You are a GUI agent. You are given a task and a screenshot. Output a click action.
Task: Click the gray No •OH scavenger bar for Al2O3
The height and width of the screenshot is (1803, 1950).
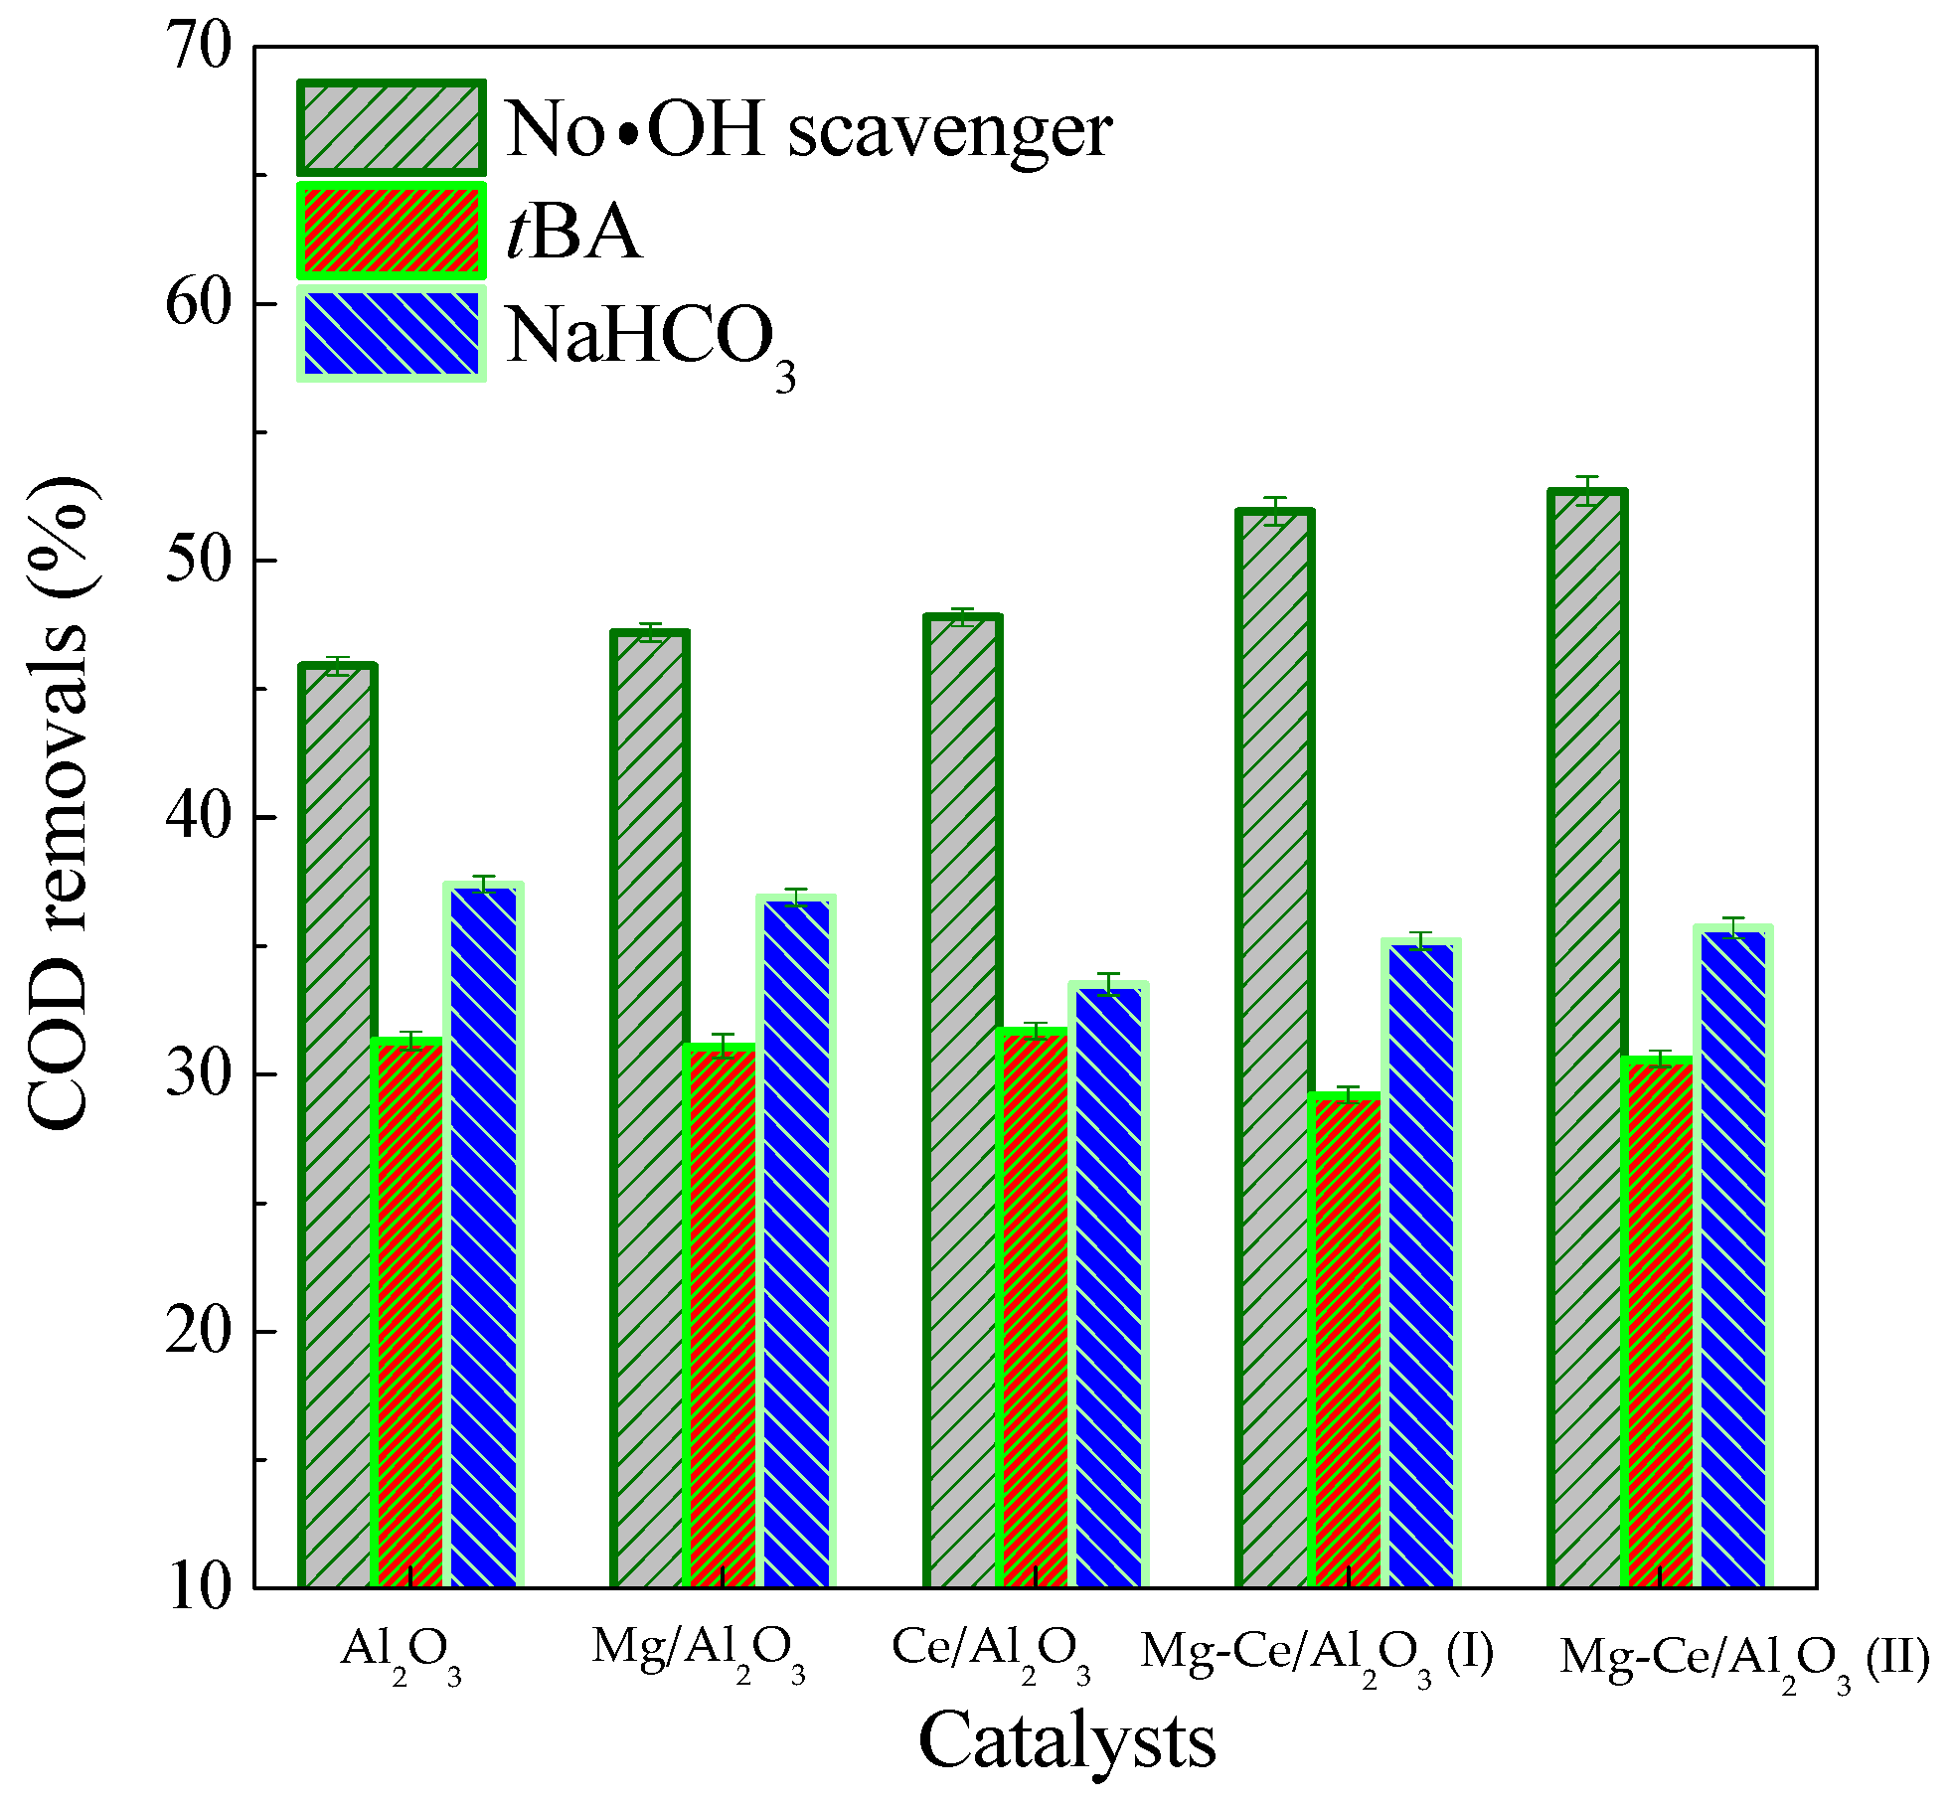click(x=338, y=1123)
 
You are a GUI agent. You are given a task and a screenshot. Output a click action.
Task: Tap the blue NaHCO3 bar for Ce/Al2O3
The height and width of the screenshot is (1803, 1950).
click(x=1109, y=1282)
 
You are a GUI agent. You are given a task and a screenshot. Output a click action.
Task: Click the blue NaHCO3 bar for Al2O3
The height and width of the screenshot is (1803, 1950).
click(x=484, y=1232)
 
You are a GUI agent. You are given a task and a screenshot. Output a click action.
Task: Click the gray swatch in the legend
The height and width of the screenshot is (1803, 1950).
click(x=392, y=128)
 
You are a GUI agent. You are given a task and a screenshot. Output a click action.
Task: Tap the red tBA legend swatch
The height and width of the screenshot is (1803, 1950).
click(x=392, y=231)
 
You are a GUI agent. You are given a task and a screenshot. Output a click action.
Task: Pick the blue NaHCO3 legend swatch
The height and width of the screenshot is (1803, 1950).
click(x=392, y=334)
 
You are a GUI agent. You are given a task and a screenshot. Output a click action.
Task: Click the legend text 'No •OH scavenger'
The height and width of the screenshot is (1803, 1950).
click(x=808, y=130)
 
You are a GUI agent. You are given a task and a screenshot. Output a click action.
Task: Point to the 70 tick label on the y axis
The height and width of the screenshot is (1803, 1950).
click(x=199, y=46)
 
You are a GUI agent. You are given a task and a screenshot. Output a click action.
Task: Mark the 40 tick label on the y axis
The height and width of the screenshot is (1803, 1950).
click(x=199, y=817)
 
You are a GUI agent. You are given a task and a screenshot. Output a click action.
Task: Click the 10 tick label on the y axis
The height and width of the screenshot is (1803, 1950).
click(x=199, y=1587)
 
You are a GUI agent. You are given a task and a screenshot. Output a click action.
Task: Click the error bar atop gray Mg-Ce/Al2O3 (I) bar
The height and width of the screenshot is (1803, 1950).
click(x=1275, y=510)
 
